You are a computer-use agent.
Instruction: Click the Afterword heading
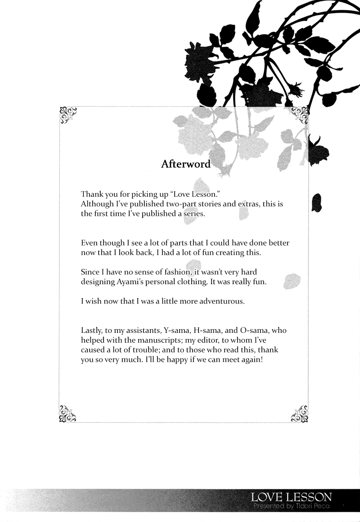point(186,164)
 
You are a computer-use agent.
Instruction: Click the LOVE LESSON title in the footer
point(292,497)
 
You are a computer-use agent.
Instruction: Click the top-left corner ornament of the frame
point(68,115)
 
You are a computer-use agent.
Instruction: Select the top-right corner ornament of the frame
point(300,115)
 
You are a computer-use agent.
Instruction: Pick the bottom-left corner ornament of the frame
point(68,413)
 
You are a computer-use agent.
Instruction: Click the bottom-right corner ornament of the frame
point(300,413)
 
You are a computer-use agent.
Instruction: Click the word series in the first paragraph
point(193,213)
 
